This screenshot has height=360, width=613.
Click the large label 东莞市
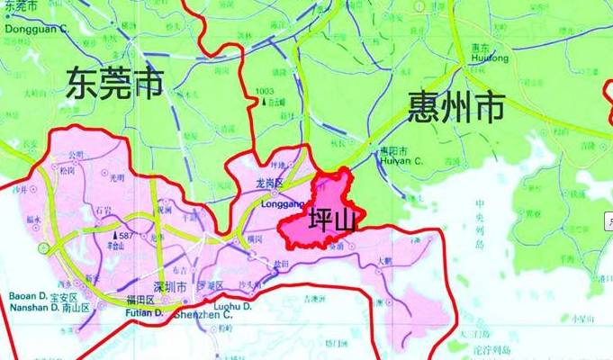(114, 85)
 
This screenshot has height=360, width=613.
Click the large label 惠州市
(455, 107)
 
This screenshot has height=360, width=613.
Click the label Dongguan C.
(37, 29)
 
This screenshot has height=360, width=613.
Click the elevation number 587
(126, 235)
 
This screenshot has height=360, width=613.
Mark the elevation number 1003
(265, 92)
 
